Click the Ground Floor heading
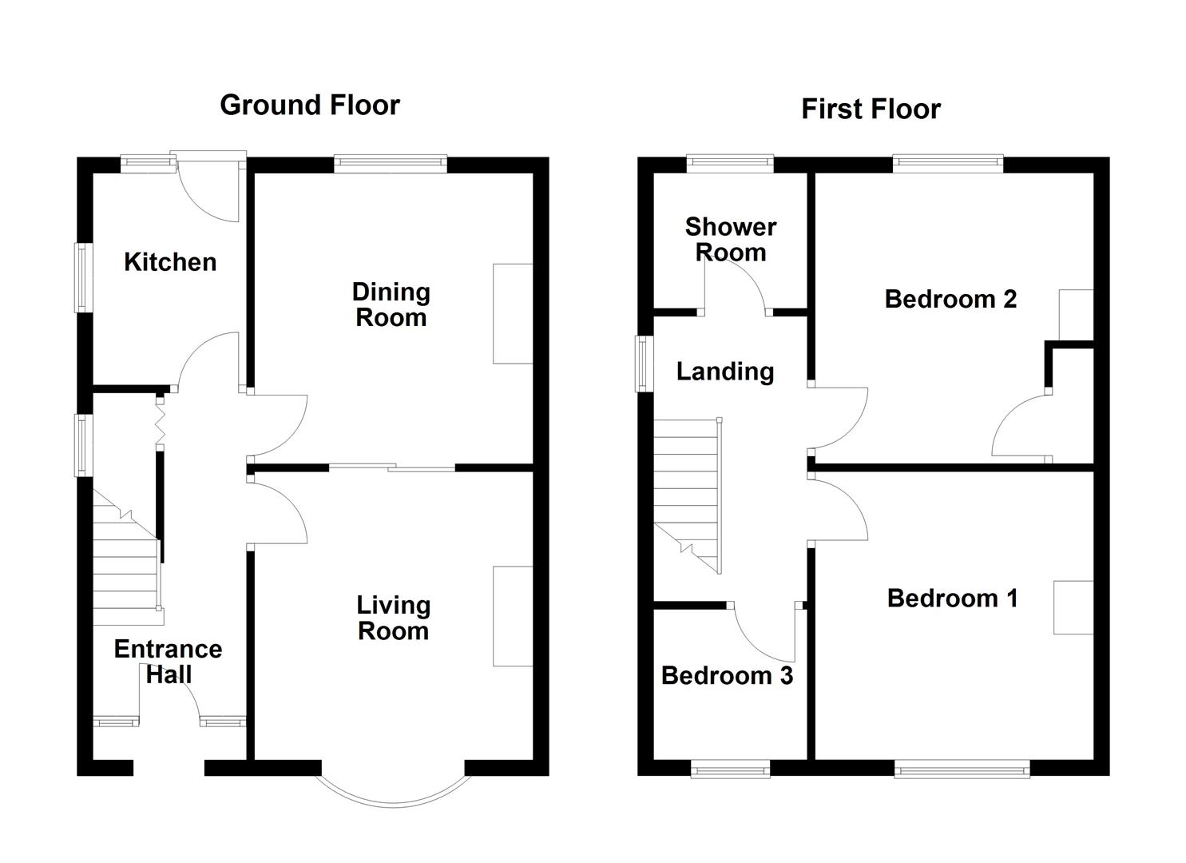tap(310, 105)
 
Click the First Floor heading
tap(871, 109)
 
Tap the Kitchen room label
tap(170, 262)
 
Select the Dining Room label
tap(391, 304)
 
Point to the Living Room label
tap(393, 618)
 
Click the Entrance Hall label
tap(168, 661)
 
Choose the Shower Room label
tap(730, 239)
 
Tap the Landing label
tap(724, 372)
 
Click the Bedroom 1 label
tap(952, 599)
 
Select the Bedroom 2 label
tap(950, 299)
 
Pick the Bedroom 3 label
tap(727, 676)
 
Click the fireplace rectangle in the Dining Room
tap(513, 313)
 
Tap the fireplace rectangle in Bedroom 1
tap(1073, 607)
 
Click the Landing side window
tap(643, 364)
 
